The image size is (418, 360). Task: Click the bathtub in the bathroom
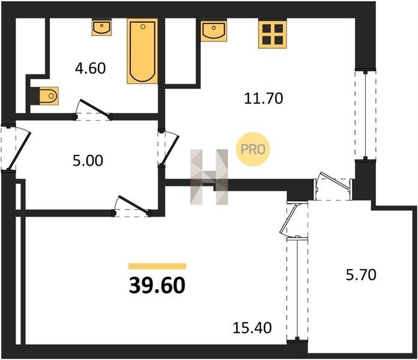pos(142,51)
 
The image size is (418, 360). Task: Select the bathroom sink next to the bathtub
pos(102,27)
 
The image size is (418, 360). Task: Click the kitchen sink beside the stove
pos(214,30)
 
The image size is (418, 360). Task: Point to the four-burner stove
pos(272,34)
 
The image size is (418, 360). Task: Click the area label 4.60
pos(91,68)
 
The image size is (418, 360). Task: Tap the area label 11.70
pos(263,98)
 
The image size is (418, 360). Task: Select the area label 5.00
pos(88,161)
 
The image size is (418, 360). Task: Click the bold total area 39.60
pos(157,285)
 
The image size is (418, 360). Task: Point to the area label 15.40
pos(252,328)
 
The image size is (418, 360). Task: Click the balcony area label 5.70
pos(361,275)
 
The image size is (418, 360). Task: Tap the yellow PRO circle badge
pos(253,149)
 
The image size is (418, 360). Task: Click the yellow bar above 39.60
pos(157,266)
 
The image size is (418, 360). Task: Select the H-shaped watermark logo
pos(209,177)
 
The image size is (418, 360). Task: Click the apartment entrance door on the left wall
pos(16,148)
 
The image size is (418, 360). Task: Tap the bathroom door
pos(94,110)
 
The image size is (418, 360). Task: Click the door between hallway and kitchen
pos(168,148)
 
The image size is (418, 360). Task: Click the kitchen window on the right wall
pos(365,115)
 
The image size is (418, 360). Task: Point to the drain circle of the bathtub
pos(143,26)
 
